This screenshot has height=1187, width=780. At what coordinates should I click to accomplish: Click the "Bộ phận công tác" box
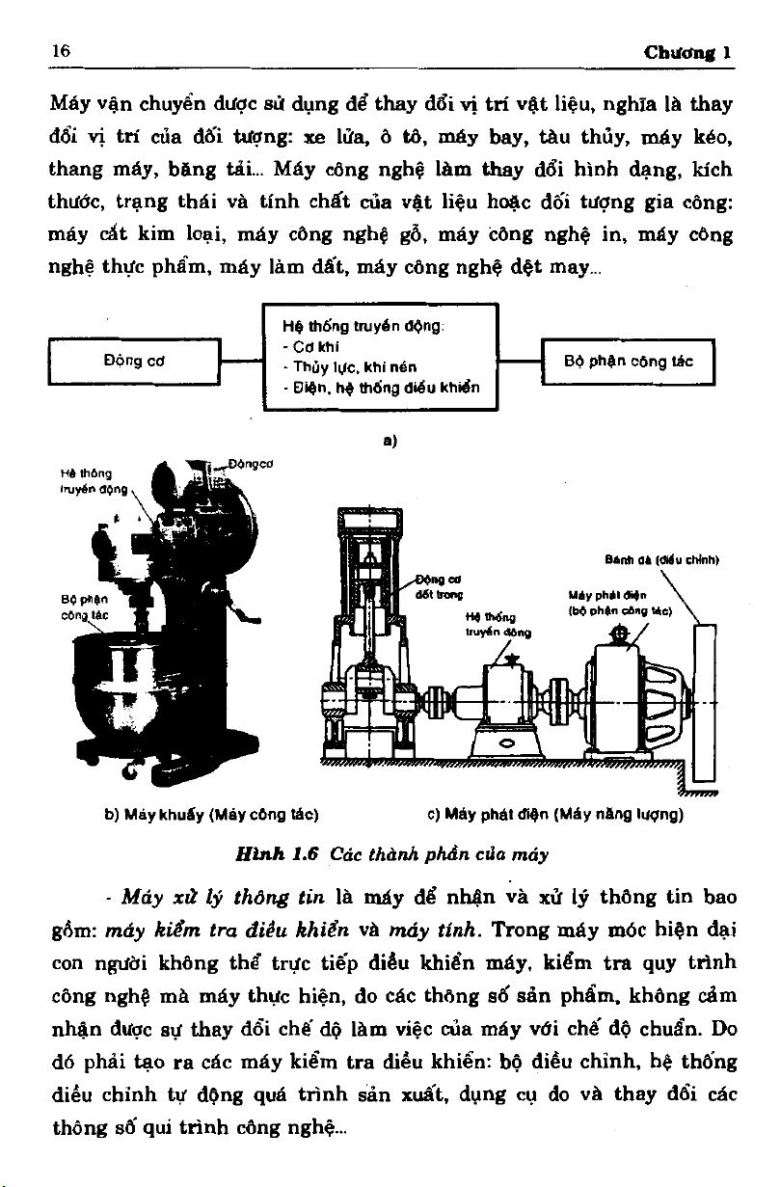pos(629,362)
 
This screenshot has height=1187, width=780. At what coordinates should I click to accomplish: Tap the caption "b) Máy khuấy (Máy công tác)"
pos(212,814)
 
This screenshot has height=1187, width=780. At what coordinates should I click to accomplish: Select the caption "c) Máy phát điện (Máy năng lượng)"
pos(554,814)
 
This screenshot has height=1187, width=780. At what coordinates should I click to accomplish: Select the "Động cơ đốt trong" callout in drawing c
pos(437,588)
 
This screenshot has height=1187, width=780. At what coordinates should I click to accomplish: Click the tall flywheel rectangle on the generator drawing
pos(704,704)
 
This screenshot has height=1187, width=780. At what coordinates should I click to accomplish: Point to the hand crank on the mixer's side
pos(252,615)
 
